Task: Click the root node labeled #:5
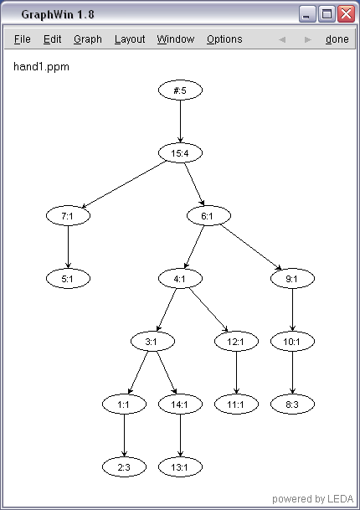pyautogui.click(x=180, y=90)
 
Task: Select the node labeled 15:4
pyautogui.click(x=180, y=153)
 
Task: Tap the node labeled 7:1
pyautogui.click(x=68, y=216)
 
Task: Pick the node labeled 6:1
pyautogui.click(x=208, y=216)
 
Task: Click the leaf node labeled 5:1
pyautogui.click(x=68, y=278)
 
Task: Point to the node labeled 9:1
pyautogui.click(x=292, y=278)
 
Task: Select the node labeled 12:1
pyautogui.click(x=236, y=341)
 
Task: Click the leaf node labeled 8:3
pyautogui.click(x=292, y=404)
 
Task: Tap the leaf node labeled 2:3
pyautogui.click(x=124, y=467)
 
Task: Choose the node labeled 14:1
pyautogui.click(x=180, y=404)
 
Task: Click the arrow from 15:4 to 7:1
pyautogui.click(x=124, y=184)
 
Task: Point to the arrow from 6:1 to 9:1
pyautogui.click(x=250, y=247)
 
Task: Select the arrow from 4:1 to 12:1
pyautogui.click(x=208, y=310)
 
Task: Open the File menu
pyautogui.click(x=23, y=39)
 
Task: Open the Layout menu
pyautogui.click(x=130, y=39)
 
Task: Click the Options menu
pyautogui.click(x=224, y=39)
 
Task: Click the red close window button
pyautogui.click(x=346, y=14)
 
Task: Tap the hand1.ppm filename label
pyautogui.click(x=41, y=67)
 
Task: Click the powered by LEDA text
pyautogui.click(x=312, y=498)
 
